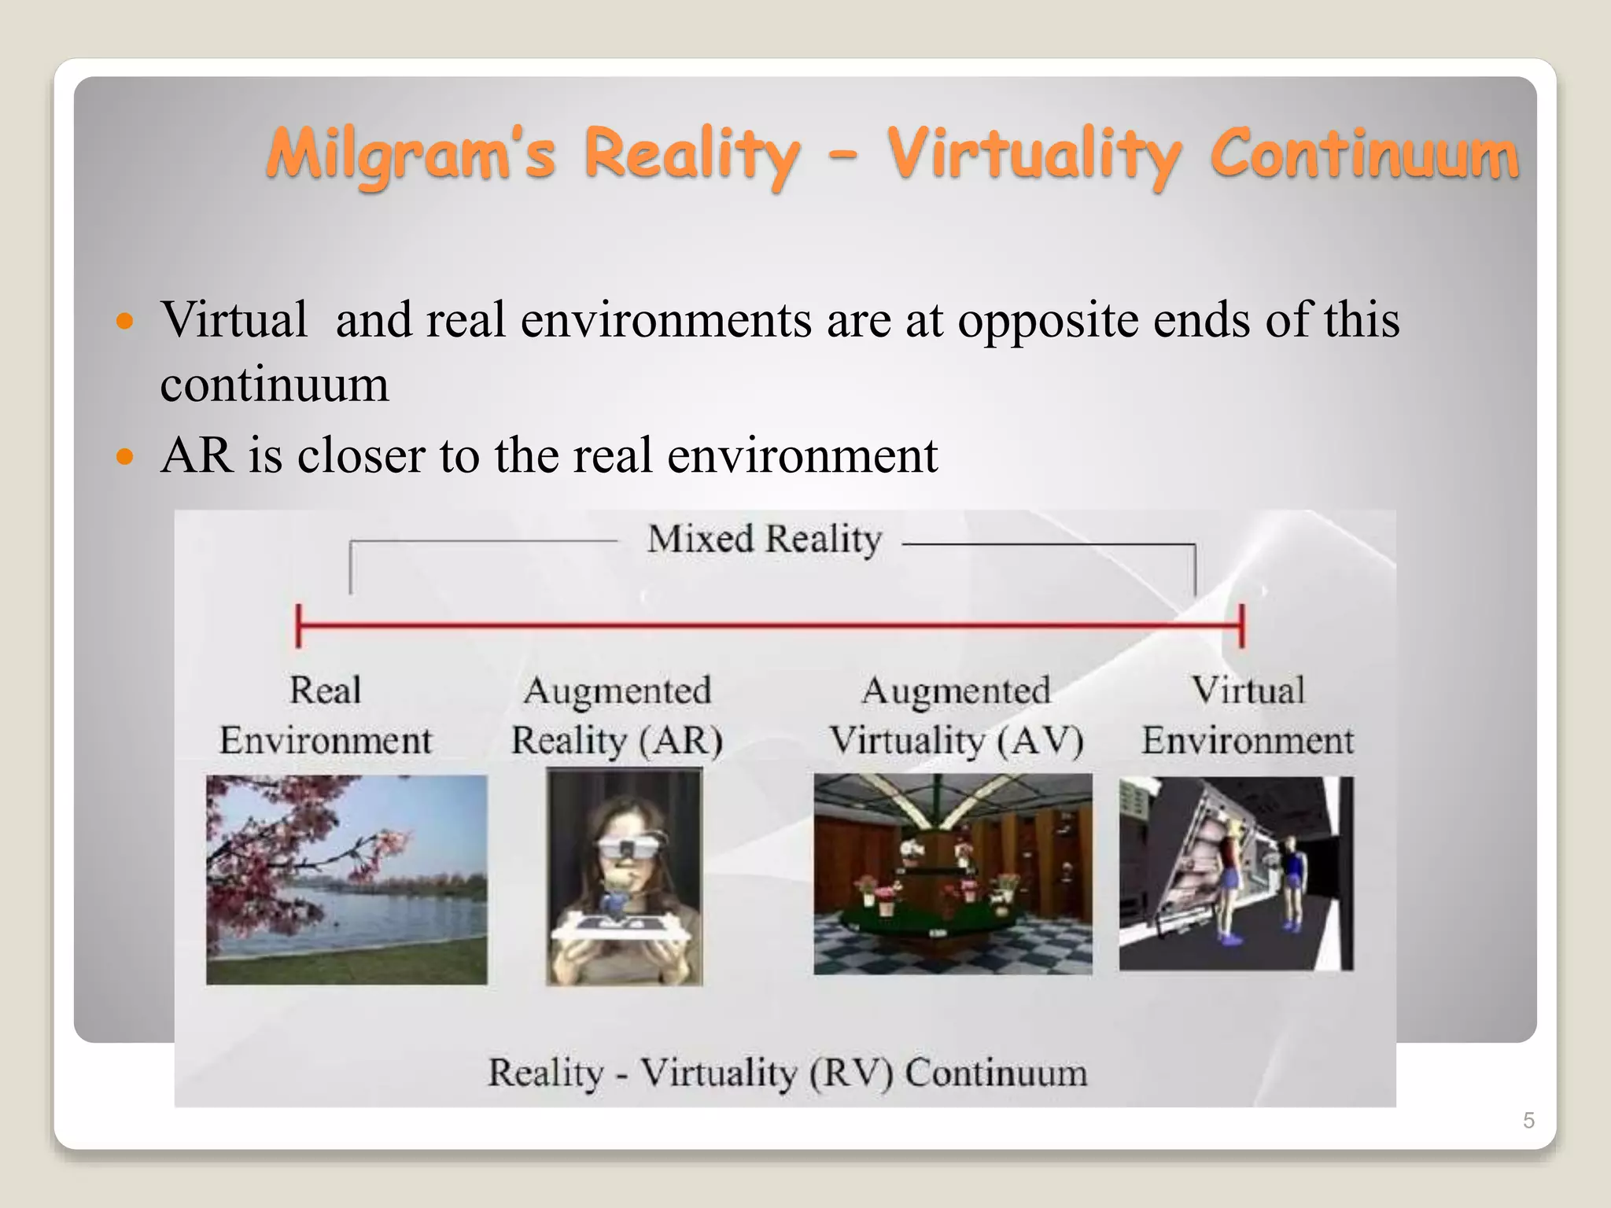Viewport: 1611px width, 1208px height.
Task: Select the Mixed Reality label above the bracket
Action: pos(764,540)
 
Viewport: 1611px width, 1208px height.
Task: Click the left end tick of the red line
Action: pos(298,625)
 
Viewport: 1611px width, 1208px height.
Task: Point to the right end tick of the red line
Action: pos(1241,625)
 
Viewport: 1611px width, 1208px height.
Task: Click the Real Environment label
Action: pos(326,716)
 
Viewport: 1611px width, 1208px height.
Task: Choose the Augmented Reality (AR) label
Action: pos(617,716)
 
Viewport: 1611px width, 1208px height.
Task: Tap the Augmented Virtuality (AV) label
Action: pos(957,716)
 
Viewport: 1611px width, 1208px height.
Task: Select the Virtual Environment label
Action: pos(1248,716)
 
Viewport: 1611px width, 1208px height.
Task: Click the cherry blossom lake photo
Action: pos(346,879)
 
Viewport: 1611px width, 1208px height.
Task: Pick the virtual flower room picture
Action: pos(953,874)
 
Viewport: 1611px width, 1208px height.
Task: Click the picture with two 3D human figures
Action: pos(1236,874)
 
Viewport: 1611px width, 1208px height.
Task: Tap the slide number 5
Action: pos(1528,1120)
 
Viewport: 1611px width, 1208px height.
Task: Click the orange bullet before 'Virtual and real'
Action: pos(124,321)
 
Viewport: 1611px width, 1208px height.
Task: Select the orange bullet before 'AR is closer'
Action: pos(124,456)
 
